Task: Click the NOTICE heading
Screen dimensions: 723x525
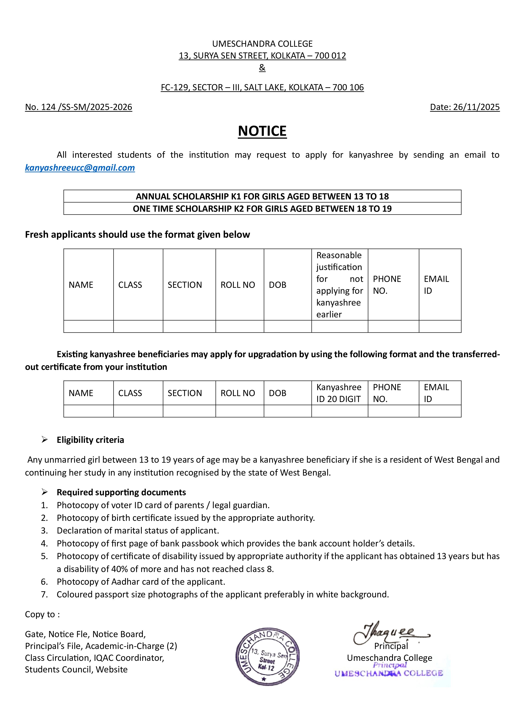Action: point(262,131)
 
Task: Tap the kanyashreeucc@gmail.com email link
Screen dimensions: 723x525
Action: point(80,168)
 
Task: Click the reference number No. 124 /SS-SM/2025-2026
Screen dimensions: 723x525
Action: point(79,107)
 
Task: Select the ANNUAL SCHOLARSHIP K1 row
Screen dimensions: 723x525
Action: point(262,196)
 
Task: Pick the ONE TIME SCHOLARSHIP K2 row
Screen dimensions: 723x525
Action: point(262,209)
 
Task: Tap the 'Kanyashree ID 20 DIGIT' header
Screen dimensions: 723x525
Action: point(339,393)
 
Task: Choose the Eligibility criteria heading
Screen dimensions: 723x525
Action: point(90,440)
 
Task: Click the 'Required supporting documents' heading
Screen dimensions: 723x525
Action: point(121,493)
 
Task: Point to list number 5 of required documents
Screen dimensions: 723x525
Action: point(44,556)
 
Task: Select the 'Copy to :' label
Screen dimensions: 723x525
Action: point(42,614)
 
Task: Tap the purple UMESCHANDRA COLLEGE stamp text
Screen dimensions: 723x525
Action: point(389,673)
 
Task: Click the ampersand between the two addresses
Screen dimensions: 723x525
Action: point(262,68)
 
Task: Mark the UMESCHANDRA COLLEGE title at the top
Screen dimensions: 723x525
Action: point(262,44)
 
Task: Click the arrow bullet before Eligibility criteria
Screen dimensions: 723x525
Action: point(44,440)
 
